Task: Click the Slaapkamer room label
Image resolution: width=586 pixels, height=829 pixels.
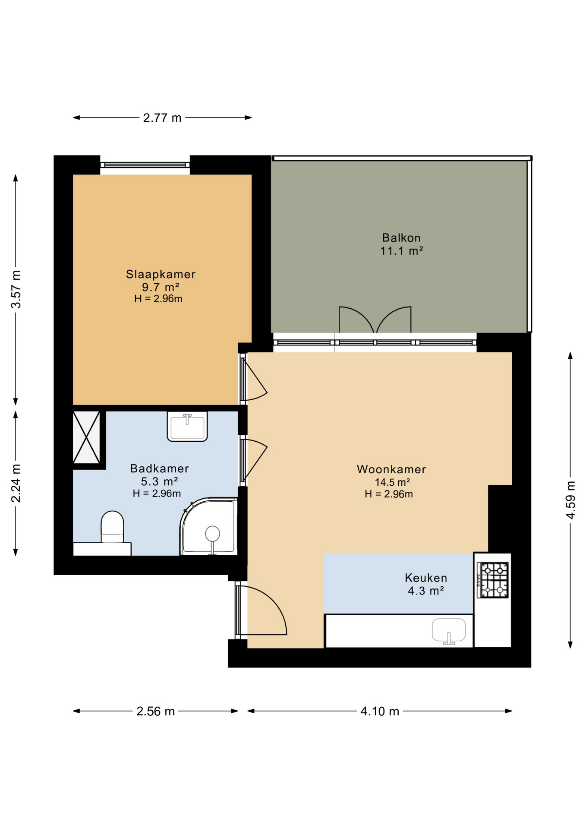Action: pos(161,274)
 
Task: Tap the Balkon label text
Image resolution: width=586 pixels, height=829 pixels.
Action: pos(401,237)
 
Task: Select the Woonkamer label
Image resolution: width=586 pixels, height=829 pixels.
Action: pos(391,469)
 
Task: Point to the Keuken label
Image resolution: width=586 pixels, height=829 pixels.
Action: pos(426,578)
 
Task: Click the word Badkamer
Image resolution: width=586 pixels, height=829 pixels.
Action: pos(160,468)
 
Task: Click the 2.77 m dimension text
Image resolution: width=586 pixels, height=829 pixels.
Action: pos(162,118)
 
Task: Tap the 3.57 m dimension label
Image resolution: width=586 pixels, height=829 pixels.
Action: pos(16,289)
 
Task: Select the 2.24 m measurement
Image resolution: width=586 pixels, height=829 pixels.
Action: pos(16,484)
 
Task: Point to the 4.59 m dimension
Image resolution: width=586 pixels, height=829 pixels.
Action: pos(570,500)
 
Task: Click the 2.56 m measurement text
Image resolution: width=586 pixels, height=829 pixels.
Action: pos(155,711)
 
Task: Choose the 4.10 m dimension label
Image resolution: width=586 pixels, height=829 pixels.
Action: pos(380,711)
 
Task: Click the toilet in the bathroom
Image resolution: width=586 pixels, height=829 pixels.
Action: pos(112,527)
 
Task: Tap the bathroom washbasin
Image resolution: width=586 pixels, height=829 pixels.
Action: pos(187,426)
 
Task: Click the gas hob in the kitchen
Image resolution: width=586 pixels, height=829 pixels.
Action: pos(493,580)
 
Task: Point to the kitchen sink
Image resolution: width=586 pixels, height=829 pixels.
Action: pos(449,631)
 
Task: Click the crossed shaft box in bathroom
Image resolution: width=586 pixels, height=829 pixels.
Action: pos(87,437)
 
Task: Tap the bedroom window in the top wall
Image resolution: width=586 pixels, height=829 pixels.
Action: pos(145,165)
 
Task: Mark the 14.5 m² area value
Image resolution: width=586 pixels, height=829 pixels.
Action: pos(392,482)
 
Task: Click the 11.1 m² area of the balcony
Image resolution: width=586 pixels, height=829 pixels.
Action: pos(401,250)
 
